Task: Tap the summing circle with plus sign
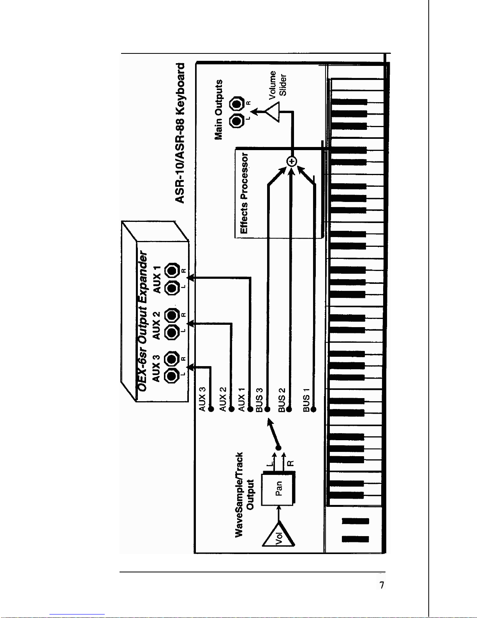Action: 292,161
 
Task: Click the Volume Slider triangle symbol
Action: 273,112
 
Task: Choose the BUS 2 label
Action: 282,400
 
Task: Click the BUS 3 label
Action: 259,400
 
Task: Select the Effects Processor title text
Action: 244,193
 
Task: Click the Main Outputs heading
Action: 218,110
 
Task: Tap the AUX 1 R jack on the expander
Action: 172,271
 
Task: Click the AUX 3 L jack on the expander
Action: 172,376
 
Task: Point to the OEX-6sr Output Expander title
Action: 142,321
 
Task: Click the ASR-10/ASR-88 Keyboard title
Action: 180,133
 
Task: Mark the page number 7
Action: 382,585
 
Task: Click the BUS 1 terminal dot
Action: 313,409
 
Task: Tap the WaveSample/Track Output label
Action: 244,495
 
